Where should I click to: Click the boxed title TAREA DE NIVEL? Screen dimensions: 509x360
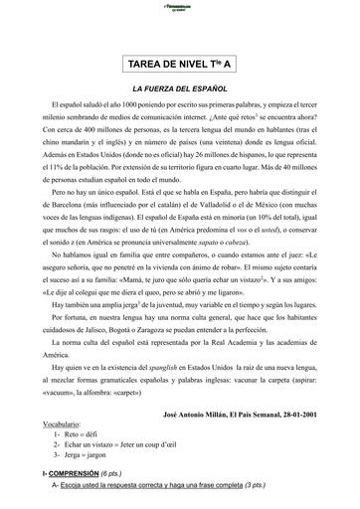(179, 67)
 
